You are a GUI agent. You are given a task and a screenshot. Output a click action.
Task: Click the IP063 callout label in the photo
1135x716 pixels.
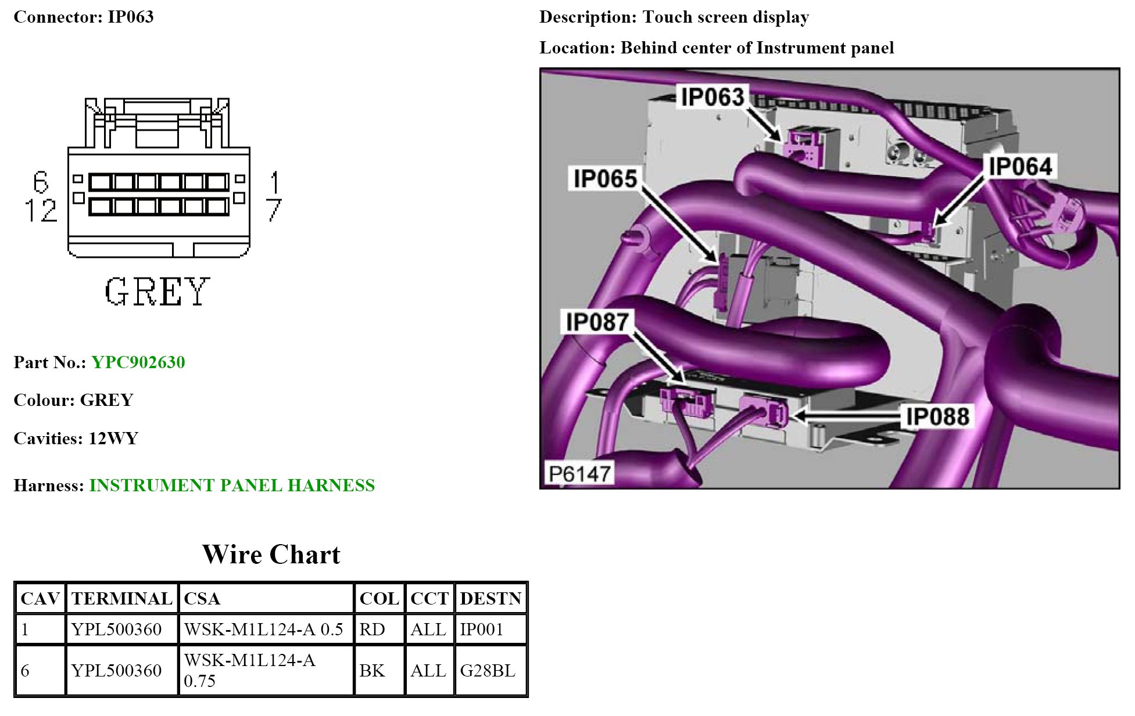(x=712, y=97)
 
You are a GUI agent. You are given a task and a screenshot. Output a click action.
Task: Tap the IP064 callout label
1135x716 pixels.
(x=1020, y=167)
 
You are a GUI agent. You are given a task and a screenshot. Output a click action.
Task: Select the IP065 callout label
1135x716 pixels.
(x=605, y=179)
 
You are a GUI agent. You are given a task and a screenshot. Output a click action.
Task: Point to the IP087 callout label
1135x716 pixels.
(x=597, y=322)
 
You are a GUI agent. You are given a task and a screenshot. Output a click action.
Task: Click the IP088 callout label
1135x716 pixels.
(x=937, y=416)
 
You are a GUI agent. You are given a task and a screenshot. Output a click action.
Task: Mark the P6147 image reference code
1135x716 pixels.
(x=579, y=474)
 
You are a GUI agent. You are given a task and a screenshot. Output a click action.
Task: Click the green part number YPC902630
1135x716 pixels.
(x=138, y=362)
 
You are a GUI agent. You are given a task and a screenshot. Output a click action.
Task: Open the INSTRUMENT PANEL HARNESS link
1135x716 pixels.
(x=232, y=485)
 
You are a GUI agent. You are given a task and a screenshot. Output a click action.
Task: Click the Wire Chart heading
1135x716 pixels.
(x=271, y=555)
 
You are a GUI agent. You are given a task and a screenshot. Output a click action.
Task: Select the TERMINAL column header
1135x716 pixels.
(x=121, y=599)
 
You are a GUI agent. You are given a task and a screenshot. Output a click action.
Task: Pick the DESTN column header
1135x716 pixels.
(x=490, y=599)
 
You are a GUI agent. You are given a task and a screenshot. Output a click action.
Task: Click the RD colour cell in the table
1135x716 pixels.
(x=372, y=629)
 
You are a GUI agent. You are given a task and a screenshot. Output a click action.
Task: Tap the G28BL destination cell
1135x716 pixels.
(x=487, y=671)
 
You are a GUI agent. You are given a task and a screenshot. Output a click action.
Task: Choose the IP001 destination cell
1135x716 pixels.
(x=481, y=629)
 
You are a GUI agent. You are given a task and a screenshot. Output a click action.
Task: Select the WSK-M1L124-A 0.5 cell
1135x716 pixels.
(x=263, y=629)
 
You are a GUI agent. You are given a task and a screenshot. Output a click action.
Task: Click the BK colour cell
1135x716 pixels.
(x=372, y=671)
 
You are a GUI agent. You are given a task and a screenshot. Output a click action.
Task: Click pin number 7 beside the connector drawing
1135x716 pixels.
(x=274, y=210)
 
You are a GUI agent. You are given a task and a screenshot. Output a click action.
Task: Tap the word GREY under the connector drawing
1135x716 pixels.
(x=157, y=292)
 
